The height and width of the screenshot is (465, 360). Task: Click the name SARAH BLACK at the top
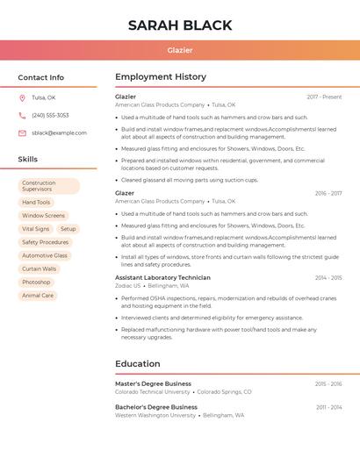[x=180, y=25]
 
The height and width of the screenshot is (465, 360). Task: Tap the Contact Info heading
[x=41, y=77]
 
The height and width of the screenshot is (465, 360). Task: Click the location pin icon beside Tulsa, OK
[x=22, y=97]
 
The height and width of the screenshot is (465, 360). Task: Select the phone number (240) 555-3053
[x=50, y=115]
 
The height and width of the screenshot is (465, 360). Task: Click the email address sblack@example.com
[x=59, y=132]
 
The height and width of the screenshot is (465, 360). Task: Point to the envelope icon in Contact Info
[x=22, y=132]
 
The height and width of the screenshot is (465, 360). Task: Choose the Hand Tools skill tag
[x=36, y=202]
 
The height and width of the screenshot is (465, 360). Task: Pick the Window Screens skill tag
[x=43, y=215]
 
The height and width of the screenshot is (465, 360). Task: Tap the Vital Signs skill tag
[x=35, y=229]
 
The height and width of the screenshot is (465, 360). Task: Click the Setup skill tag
[x=68, y=229]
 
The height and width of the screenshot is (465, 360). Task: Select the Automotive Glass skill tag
[x=45, y=255]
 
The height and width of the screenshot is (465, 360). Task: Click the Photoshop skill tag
[x=36, y=282]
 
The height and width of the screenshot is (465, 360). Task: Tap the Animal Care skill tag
[x=38, y=296]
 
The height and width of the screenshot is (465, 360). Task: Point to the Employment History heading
[x=161, y=77]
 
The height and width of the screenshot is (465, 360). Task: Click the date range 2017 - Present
[x=324, y=97]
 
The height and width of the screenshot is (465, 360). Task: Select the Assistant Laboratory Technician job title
[x=162, y=277]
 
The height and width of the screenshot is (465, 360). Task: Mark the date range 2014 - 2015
[x=328, y=277]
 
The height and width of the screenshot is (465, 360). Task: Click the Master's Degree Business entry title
[x=153, y=383]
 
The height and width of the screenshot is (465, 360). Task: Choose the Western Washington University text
[x=155, y=415]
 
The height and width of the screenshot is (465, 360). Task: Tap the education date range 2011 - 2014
[x=328, y=407]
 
